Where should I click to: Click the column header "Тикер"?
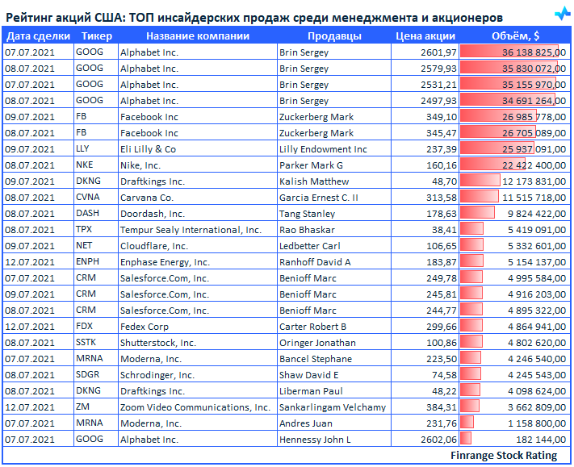coord(97,35)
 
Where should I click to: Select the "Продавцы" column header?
coord(334,35)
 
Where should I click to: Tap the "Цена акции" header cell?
coord(425,35)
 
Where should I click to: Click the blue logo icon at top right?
coord(562,14)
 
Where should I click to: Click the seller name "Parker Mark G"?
coord(311,165)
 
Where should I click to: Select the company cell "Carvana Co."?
coord(147,198)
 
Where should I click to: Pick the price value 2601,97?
coord(438,52)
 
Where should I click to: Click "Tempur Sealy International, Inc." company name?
coord(191,230)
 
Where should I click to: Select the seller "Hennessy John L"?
coord(315,440)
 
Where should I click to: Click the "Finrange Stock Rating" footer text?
coord(504,456)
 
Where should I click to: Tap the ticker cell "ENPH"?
coord(87,262)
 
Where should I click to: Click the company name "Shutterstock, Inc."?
coord(158,343)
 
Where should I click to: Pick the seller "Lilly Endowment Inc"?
coord(323,149)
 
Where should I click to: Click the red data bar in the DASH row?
coord(477,214)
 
